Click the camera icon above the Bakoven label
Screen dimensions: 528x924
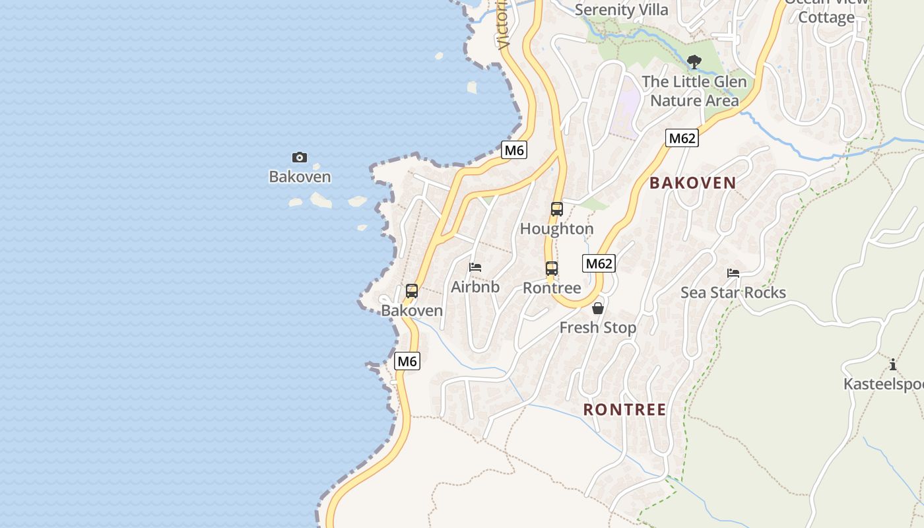point(300,157)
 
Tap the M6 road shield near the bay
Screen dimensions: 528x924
point(513,150)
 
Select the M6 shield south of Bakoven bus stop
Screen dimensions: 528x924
point(407,361)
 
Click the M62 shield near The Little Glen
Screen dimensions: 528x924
point(682,138)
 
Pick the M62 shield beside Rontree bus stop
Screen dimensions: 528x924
point(599,263)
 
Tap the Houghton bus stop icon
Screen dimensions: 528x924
point(557,209)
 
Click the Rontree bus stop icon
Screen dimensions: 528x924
point(552,269)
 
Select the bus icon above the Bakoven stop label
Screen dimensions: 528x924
point(412,290)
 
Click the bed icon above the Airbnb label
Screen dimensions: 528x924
point(475,267)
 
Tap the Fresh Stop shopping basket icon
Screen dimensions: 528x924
point(598,308)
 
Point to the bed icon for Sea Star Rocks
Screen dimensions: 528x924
point(733,273)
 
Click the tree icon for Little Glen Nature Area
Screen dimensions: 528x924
point(694,62)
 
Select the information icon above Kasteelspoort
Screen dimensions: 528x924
point(893,364)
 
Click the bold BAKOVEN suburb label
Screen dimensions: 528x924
point(692,183)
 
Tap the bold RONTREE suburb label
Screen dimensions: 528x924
point(624,410)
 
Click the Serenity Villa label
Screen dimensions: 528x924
point(621,10)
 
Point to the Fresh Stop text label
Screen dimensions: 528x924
point(598,327)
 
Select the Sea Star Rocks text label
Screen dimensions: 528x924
point(733,292)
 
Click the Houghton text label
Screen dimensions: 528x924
point(557,229)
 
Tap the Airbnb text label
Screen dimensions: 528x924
point(475,287)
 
